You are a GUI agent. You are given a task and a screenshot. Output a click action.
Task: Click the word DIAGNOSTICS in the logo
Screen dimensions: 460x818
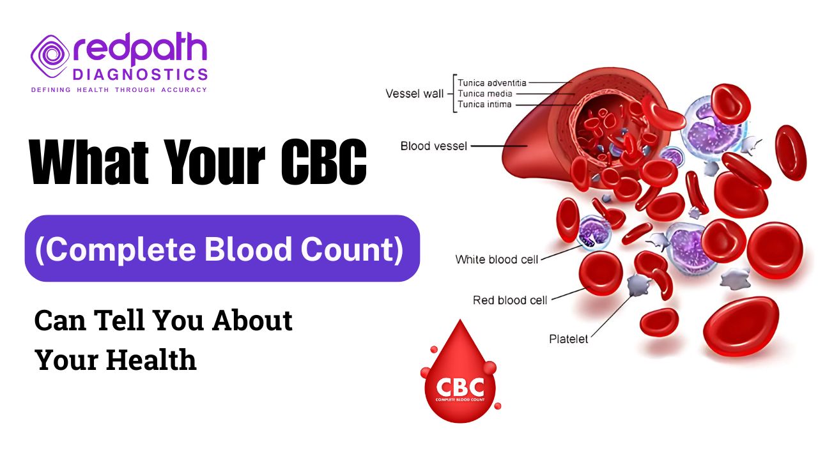click(x=140, y=75)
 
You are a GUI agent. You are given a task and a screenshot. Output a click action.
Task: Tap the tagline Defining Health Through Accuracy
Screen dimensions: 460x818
click(x=119, y=90)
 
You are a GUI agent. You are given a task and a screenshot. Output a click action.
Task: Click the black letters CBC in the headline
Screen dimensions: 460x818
click(x=325, y=164)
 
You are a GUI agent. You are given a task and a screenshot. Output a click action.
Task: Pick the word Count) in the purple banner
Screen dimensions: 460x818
click(x=349, y=249)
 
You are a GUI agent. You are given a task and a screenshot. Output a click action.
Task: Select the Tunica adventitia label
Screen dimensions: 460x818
click(x=492, y=82)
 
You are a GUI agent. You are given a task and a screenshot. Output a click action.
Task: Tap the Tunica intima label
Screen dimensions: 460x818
click(x=484, y=104)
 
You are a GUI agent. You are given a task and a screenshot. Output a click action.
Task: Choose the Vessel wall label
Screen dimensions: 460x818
click(x=414, y=94)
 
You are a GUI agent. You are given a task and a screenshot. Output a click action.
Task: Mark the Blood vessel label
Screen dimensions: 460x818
click(x=434, y=146)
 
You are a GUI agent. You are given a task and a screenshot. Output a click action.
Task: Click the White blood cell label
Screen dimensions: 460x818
click(x=497, y=259)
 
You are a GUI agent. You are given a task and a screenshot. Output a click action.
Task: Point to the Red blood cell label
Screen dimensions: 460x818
click(x=509, y=300)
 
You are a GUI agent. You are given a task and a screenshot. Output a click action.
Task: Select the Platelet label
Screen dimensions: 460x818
click(x=568, y=339)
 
